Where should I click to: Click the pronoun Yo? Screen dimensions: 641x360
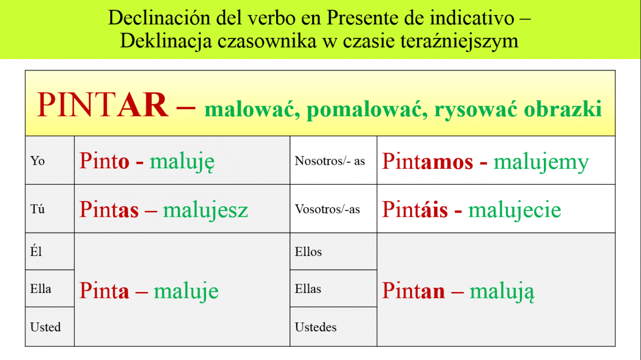click(x=38, y=161)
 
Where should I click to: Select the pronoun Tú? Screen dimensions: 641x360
click(x=38, y=209)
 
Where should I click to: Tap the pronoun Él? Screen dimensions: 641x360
click(x=36, y=251)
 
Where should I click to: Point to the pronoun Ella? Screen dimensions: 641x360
click(x=41, y=289)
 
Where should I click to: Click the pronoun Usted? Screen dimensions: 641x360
click(x=46, y=327)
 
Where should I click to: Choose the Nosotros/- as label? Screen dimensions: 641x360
click(x=330, y=161)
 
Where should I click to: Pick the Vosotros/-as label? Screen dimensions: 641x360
click(x=328, y=209)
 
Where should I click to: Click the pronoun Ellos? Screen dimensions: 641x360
click(x=308, y=252)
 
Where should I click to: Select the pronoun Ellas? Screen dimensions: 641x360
click(x=308, y=289)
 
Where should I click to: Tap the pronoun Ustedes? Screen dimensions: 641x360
click(x=315, y=327)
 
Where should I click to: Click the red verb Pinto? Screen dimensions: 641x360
click(x=104, y=161)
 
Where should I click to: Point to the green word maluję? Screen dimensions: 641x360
click(x=182, y=162)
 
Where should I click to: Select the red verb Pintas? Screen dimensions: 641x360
click(x=109, y=209)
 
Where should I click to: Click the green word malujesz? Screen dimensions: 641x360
click(x=205, y=211)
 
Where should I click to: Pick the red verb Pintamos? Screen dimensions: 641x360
click(x=428, y=161)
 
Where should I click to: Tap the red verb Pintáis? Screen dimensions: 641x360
click(x=415, y=209)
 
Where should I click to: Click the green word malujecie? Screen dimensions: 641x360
click(x=514, y=211)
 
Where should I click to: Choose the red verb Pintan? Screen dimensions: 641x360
click(x=414, y=290)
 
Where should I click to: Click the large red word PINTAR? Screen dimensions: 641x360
click(x=103, y=105)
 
